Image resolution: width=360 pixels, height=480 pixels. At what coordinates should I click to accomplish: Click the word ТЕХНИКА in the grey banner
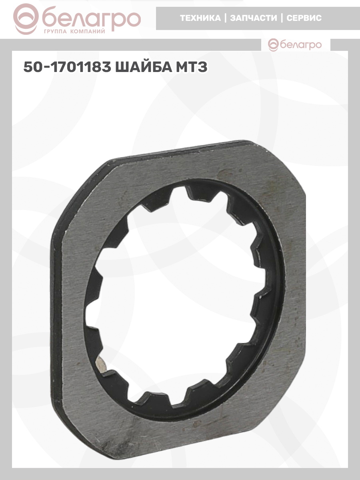(200, 18)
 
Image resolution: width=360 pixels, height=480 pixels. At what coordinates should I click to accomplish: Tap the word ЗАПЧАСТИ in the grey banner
(253, 18)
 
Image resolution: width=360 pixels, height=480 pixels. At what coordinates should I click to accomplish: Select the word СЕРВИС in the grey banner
(304, 18)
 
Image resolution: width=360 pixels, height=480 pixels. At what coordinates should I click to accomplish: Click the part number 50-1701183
(67, 67)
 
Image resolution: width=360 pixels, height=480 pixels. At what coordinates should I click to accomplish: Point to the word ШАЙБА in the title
(144, 67)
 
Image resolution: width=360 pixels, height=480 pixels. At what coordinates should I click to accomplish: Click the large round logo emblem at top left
(26, 19)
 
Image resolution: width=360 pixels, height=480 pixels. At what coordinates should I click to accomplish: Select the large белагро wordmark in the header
(91, 18)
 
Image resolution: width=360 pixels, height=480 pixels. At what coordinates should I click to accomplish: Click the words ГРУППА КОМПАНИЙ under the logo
(74, 32)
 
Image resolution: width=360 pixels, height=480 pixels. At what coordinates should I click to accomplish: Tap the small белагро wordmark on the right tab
(301, 45)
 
